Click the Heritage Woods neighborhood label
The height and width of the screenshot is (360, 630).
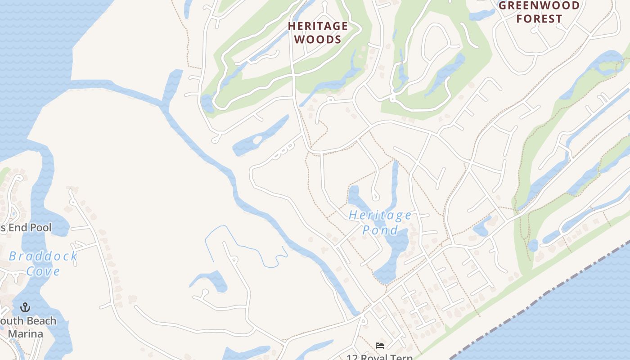(x=318, y=32)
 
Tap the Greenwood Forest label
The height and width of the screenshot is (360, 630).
(x=539, y=12)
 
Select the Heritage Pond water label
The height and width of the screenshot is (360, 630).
(x=380, y=222)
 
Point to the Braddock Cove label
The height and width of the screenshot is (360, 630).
(x=43, y=263)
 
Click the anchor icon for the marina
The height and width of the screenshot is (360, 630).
(x=26, y=307)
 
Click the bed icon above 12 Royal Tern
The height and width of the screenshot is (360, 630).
(x=380, y=346)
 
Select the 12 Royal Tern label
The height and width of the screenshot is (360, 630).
(x=379, y=357)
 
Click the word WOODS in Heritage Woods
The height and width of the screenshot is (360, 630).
(x=318, y=39)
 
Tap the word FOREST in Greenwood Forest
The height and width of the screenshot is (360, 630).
(x=539, y=19)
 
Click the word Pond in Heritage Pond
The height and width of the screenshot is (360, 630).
(x=380, y=230)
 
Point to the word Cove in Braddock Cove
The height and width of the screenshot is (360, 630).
(x=43, y=271)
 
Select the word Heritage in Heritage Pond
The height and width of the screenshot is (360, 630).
(x=380, y=215)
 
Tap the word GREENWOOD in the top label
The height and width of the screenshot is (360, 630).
(x=539, y=5)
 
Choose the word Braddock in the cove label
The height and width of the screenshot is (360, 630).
(x=43, y=256)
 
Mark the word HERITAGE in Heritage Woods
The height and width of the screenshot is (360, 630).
(x=318, y=26)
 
